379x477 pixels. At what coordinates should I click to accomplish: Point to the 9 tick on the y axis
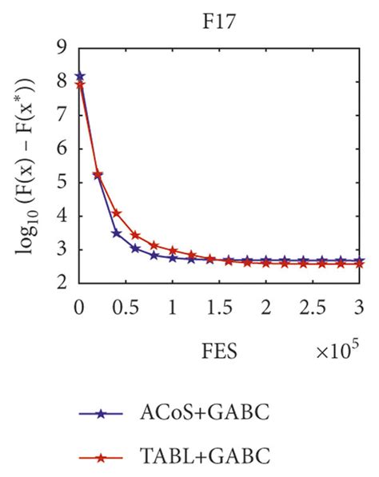[62, 47]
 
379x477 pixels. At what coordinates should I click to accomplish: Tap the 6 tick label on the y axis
[62, 149]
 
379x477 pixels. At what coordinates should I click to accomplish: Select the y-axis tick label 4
[62, 217]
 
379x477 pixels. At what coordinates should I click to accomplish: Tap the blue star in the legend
[102, 414]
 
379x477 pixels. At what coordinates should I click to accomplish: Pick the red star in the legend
[102, 458]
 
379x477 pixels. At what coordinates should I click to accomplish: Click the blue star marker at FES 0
[79, 78]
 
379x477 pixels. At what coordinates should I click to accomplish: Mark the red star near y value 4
[117, 213]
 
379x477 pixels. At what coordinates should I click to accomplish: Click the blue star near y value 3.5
[117, 233]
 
